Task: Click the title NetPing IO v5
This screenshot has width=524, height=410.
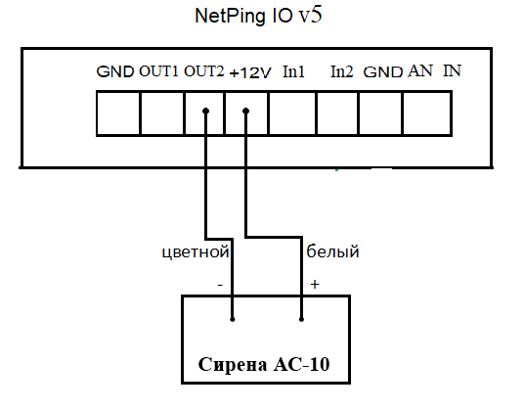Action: tap(258, 16)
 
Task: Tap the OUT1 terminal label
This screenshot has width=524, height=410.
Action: tap(158, 71)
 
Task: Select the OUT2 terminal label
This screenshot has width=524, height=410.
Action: tap(204, 71)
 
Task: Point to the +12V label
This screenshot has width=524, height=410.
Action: tap(250, 72)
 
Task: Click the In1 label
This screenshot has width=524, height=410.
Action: tap(293, 71)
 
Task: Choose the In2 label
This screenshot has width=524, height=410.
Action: tap(341, 71)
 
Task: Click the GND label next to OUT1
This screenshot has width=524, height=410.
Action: tap(115, 71)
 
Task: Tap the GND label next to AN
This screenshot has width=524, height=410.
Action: tap(382, 72)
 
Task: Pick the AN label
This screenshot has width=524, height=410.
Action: tap(420, 70)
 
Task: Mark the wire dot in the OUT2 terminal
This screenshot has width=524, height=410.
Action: tap(206, 111)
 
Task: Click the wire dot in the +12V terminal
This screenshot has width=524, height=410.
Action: tap(246, 111)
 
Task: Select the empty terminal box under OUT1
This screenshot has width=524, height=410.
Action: tap(162, 114)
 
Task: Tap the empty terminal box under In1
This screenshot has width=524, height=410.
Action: tap(292, 114)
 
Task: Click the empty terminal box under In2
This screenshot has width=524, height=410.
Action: tap(337, 114)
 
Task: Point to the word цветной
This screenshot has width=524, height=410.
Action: tap(196, 252)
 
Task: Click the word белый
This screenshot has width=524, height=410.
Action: tap(332, 251)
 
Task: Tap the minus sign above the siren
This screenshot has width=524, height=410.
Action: tap(220, 285)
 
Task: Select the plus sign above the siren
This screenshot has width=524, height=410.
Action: tap(315, 284)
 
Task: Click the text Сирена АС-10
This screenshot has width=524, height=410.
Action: tap(264, 364)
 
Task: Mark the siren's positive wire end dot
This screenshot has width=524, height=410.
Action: tap(301, 319)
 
